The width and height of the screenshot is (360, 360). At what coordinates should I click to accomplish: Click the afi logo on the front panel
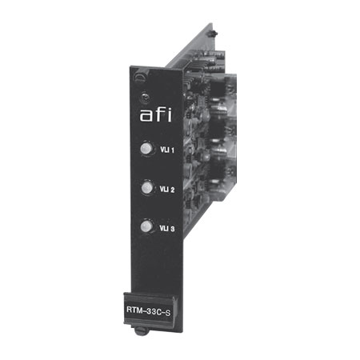pos(156,115)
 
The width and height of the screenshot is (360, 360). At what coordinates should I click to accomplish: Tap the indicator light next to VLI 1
pos(146,148)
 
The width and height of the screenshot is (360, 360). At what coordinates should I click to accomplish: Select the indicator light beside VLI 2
pos(147,188)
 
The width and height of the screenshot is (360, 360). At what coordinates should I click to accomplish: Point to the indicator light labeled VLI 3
pos(146,226)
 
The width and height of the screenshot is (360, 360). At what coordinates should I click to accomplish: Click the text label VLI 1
pos(167,150)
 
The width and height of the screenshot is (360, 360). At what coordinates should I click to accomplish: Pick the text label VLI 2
pos(167,190)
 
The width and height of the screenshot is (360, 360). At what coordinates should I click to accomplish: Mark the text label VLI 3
pos(167,229)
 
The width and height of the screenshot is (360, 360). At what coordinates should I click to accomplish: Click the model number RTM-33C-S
pos(148,311)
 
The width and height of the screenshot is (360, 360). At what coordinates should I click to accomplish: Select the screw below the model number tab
pos(141,331)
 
